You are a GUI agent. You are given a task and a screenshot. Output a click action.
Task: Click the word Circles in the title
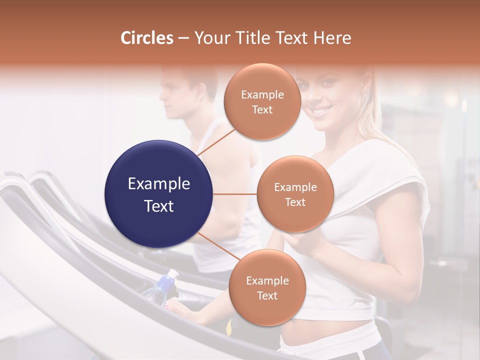tap(147, 38)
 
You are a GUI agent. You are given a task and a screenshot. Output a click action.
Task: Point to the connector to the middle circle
tap(235, 194)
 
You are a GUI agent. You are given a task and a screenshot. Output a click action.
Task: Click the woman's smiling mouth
tap(322, 109)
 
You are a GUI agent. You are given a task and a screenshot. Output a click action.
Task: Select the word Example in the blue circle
tap(159, 184)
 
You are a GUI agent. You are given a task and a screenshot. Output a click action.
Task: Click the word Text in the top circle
tap(262, 109)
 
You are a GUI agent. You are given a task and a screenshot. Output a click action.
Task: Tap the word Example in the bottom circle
tap(267, 281)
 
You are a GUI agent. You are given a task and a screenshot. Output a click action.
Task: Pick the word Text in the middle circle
tap(295, 202)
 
